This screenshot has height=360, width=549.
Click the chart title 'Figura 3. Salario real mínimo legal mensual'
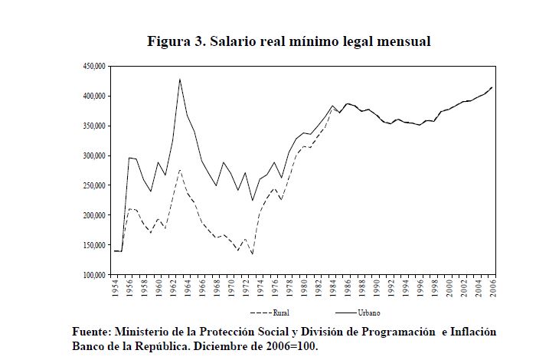[289, 41]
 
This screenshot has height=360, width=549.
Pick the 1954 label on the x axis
[115, 289]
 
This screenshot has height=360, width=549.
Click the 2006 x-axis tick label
[492, 289]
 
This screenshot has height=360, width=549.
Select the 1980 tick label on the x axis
[303, 289]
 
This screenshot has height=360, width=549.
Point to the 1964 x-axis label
[188, 289]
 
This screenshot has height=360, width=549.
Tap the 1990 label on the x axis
[376, 289]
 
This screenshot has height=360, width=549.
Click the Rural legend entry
[270, 313]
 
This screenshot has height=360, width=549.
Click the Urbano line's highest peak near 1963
[180, 79]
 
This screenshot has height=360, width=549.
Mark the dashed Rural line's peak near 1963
[180, 170]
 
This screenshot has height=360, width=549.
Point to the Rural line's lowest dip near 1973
[253, 254]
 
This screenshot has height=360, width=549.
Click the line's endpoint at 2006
[492, 87]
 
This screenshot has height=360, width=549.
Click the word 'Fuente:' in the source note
[90, 332]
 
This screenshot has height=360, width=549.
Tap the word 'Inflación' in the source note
[470, 332]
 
